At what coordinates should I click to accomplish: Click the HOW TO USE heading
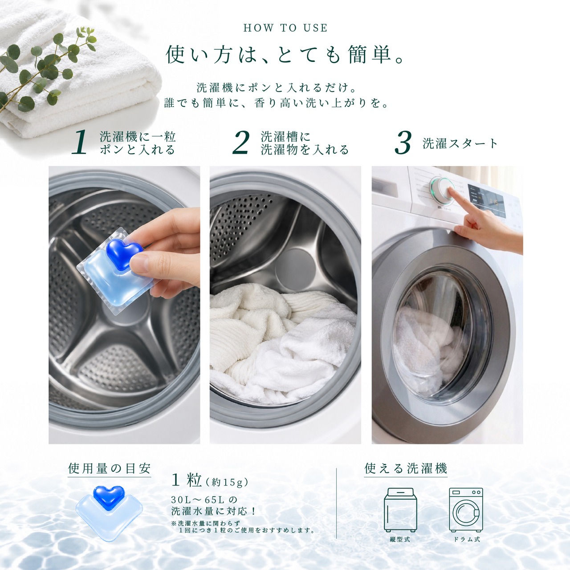tap(285, 28)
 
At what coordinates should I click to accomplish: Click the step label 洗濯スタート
tap(460, 144)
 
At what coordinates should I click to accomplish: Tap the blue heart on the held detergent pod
tap(124, 253)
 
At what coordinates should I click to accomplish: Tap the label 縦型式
tap(400, 539)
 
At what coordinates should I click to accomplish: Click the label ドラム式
tap(467, 539)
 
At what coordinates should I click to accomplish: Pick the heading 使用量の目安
tap(110, 468)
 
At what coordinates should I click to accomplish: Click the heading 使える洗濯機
tap(406, 468)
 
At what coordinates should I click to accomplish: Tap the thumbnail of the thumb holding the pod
tap(138, 263)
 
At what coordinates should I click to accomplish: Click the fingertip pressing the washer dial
tap(452, 193)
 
